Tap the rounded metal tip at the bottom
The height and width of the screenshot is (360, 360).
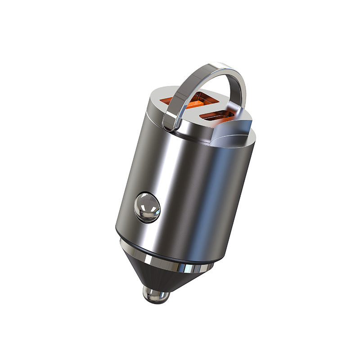[155, 295]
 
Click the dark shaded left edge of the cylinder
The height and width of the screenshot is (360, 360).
[124, 189]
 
